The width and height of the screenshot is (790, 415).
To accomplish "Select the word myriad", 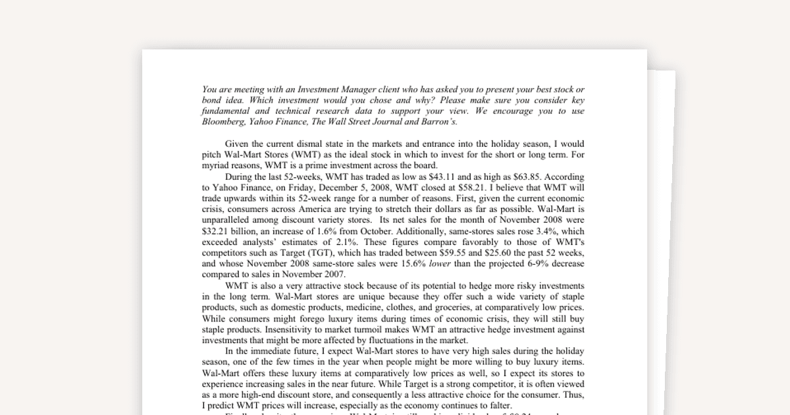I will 216,165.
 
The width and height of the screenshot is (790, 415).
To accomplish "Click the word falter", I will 497,406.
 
